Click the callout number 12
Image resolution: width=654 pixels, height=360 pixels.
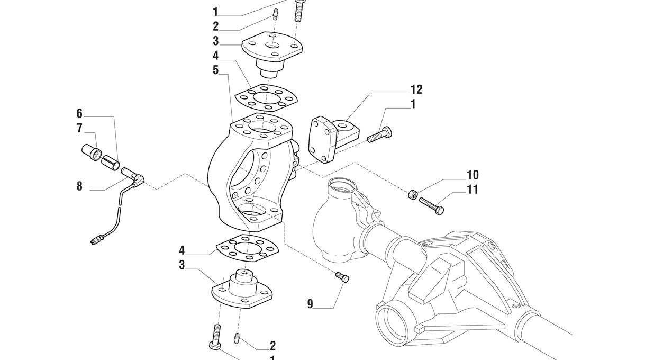[x=416, y=89]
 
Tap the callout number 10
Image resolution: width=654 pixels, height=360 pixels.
[x=473, y=175]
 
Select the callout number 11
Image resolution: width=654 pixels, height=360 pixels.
[x=473, y=190]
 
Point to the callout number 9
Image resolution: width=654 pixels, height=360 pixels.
[x=310, y=304]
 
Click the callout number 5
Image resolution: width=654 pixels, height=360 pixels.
[x=216, y=70]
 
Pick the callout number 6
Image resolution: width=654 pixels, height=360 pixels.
[x=79, y=113]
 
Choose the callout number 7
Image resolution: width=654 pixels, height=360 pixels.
[x=79, y=128]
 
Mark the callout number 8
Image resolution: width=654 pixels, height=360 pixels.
[x=79, y=186]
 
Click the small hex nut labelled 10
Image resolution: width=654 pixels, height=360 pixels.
[x=412, y=194]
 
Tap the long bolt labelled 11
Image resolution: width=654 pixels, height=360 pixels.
[x=432, y=206]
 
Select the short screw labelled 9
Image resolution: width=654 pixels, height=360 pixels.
[x=342, y=277]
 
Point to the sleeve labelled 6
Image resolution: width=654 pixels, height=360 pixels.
[x=111, y=163]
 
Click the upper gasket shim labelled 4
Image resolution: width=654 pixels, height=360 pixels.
[x=266, y=98]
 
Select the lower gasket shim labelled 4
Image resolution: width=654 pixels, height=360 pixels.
[x=247, y=248]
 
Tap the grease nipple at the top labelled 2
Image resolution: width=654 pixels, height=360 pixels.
[x=275, y=14]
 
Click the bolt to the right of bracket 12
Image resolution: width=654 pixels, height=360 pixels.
[x=379, y=134]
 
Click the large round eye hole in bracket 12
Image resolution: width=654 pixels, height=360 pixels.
[x=343, y=126]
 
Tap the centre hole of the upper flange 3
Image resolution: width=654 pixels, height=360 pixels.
[x=272, y=46]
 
